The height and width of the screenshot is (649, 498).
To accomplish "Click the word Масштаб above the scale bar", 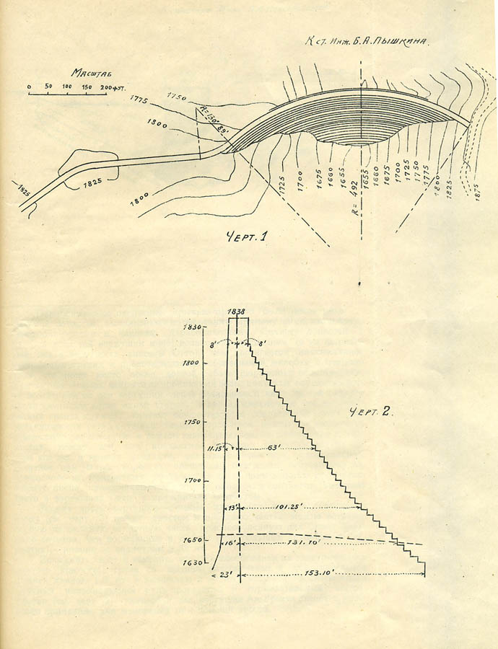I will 87,73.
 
